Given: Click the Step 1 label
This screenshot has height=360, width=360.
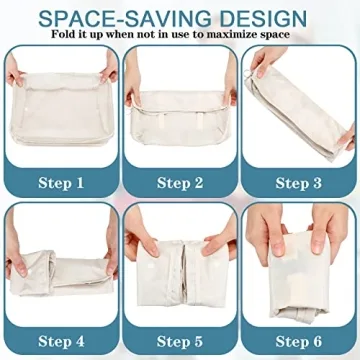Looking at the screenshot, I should (x=60, y=182).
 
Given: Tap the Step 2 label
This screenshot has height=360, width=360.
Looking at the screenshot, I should (x=180, y=182).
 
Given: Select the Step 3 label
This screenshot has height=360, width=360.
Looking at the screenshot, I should (x=299, y=182).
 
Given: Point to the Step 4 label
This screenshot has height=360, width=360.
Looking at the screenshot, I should (x=60, y=340).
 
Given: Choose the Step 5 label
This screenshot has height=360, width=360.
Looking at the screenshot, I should (x=180, y=340).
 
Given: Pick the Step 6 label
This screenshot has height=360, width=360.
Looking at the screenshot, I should (x=299, y=340).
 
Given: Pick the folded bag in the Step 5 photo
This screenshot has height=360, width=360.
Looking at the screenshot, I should (x=180, y=270).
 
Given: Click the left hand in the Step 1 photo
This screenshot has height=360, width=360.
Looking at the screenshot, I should (x=17, y=80).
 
